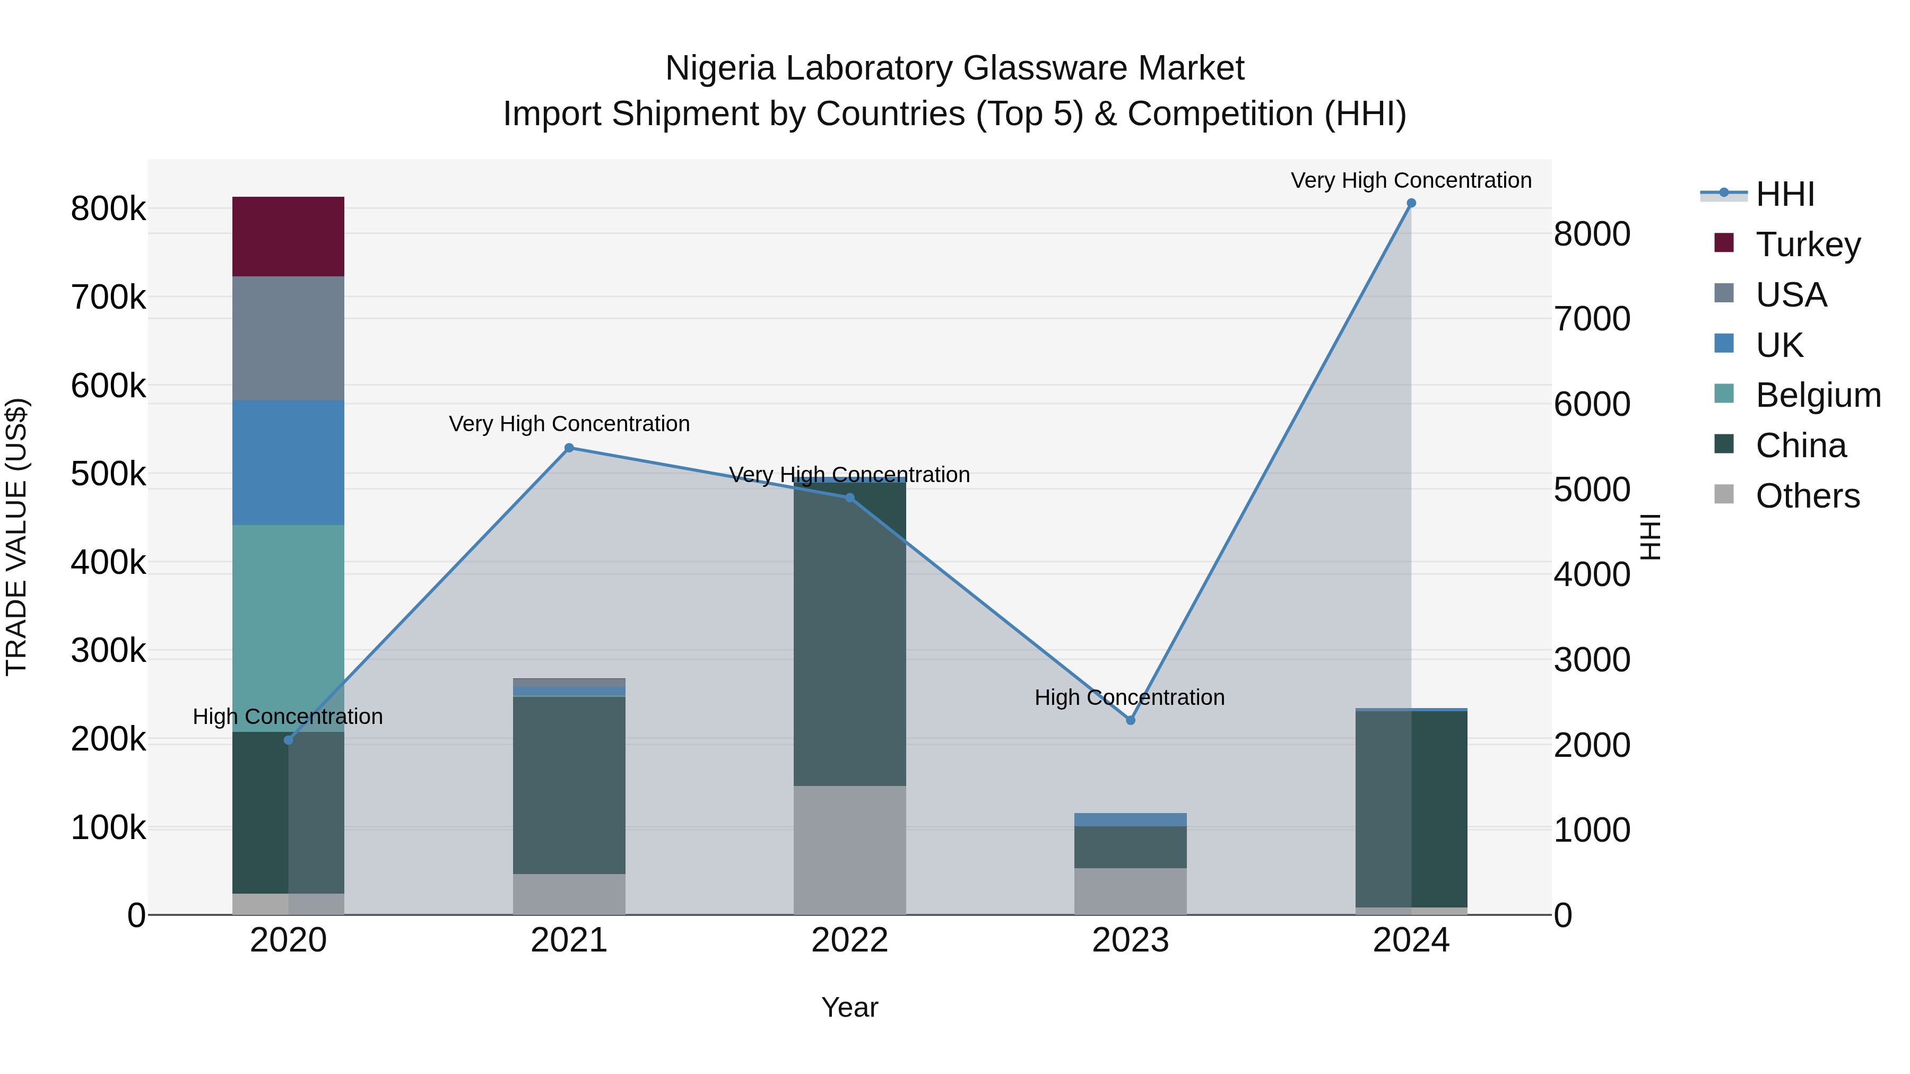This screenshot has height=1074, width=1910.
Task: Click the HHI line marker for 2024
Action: [1411, 203]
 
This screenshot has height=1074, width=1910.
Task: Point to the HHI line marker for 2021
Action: [569, 448]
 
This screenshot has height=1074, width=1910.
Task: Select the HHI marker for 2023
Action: [1131, 720]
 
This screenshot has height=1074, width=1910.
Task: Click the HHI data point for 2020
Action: [289, 740]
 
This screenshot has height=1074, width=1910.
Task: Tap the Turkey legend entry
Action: [1808, 244]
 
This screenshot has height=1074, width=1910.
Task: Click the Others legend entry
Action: [1807, 496]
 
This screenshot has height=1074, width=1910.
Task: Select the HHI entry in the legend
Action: [1785, 194]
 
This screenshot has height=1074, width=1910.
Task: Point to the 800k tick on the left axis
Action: [108, 209]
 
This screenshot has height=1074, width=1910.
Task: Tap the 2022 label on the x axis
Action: [850, 940]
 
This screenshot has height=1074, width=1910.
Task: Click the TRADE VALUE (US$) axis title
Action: [16, 537]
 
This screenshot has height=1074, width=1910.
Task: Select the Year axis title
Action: [850, 1007]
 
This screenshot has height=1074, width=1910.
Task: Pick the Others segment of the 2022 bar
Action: [850, 850]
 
